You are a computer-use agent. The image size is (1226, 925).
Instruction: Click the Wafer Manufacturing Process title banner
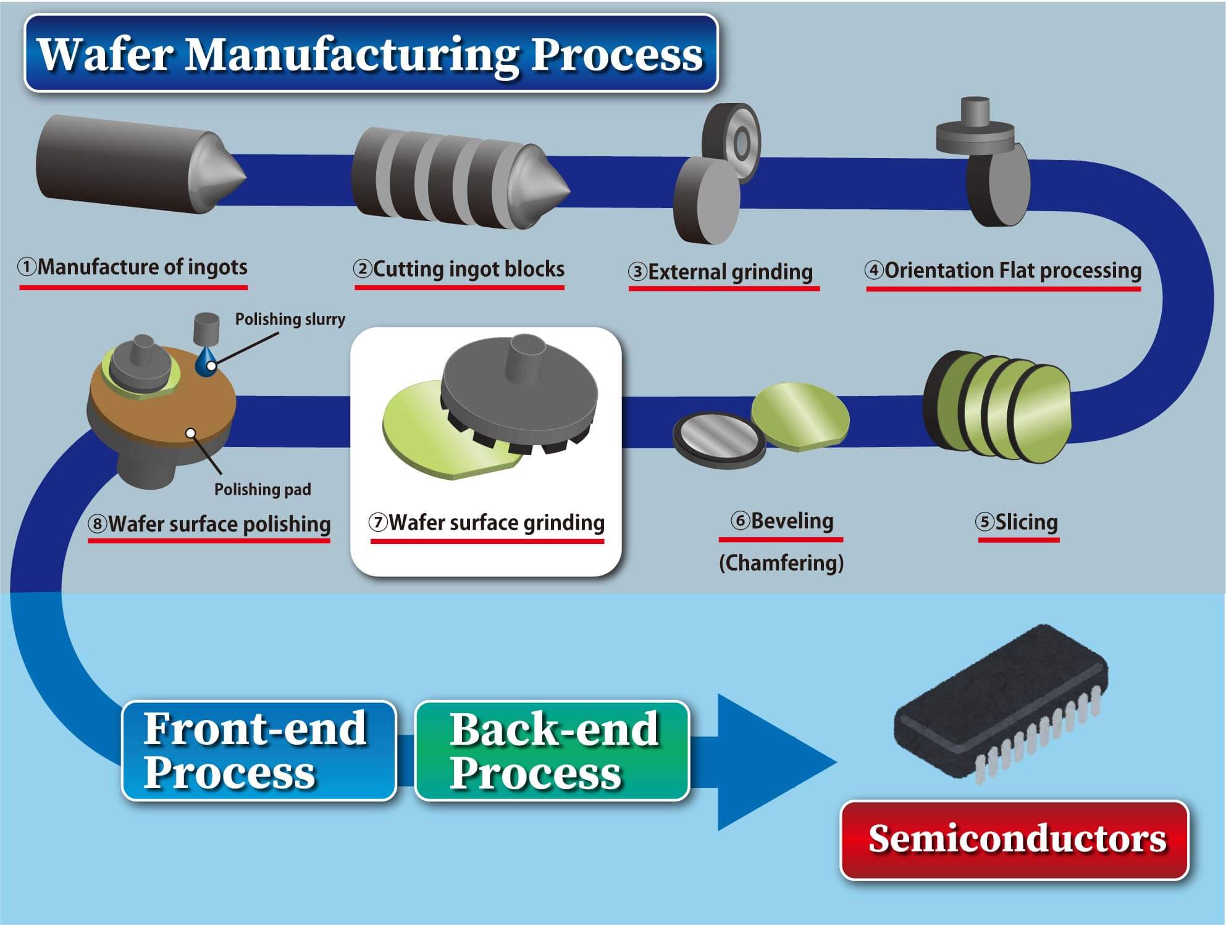[x=371, y=54]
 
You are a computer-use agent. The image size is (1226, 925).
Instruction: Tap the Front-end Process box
[x=259, y=750]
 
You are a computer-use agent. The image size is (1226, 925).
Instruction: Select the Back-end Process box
[x=552, y=750]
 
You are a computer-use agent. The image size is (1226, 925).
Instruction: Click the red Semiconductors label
[x=1014, y=840]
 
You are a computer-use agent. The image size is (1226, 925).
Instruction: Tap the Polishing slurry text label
[x=290, y=319]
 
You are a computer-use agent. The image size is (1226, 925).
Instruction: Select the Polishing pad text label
[x=262, y=490]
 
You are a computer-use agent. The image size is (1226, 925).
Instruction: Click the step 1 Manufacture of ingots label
[x=133, y=267]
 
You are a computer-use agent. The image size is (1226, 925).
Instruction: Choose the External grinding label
[x=721, y=272]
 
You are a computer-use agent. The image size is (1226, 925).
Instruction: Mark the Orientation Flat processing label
[x=1003, y=270]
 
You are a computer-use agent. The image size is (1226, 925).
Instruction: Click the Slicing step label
[x=1017, y=522]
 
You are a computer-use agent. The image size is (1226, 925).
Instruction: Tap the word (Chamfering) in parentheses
[x=781, y=563]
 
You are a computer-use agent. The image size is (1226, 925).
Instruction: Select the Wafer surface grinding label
[x=487, y=523]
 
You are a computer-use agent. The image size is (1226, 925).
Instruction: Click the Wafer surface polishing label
[x=209, y=524]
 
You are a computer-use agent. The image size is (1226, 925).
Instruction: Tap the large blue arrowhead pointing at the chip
[x=772, y=761]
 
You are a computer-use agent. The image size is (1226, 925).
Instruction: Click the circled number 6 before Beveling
[x=740, y=521]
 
